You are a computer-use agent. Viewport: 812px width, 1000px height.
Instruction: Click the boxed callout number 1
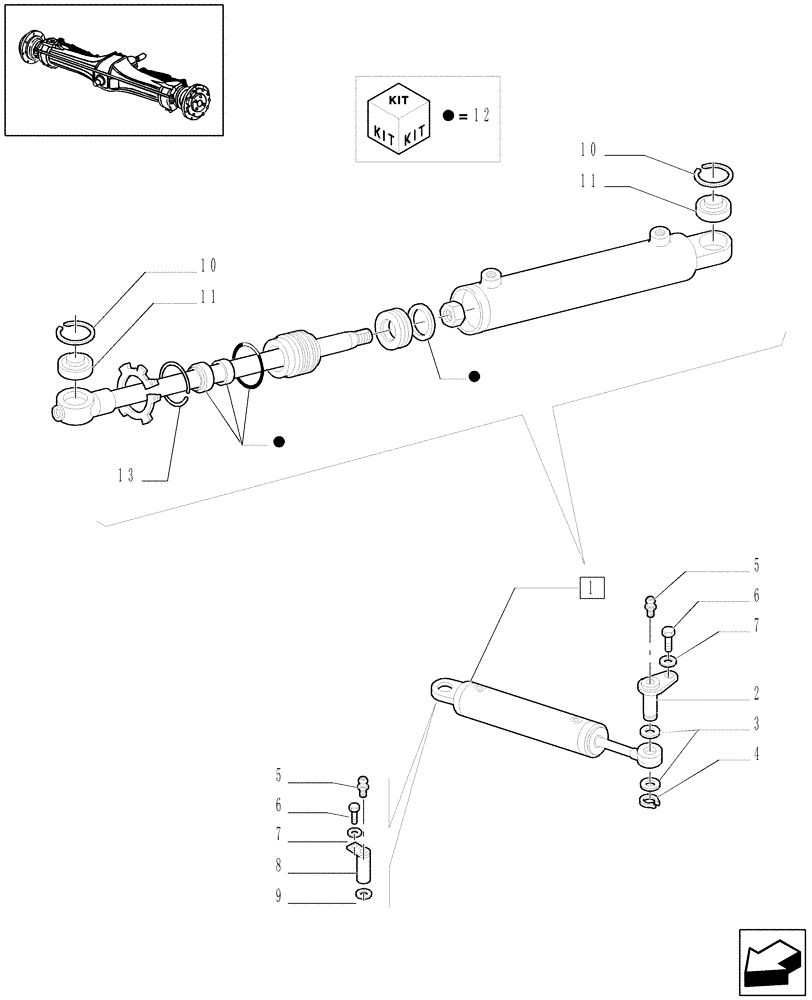(x=592, y=588)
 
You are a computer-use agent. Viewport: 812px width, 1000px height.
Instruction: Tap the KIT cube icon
(x=399, y=117)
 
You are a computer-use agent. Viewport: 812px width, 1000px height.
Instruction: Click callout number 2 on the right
(x=757, y=692)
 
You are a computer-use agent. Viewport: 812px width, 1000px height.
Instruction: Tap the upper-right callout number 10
(x=587, y=151)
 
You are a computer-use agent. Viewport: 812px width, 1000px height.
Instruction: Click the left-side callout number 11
(x=208, y=297)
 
